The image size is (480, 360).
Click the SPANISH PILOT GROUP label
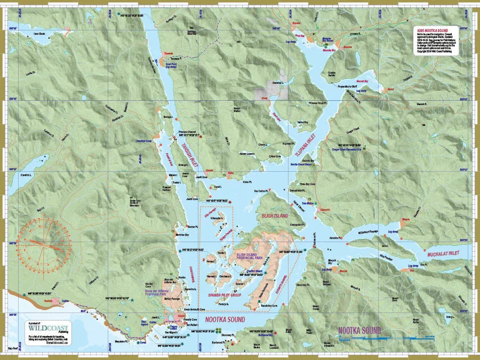pyautogui.click(x=225, y=294)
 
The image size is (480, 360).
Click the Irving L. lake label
pyautogui.click(x=449, y=317)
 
